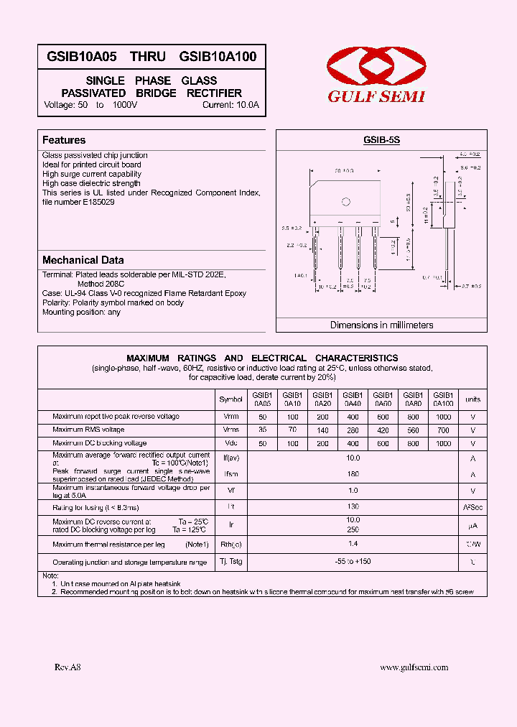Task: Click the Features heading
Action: [64, 140]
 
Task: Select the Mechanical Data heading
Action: [83, 260]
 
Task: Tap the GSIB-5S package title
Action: [381, 141]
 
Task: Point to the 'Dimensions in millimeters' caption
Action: [381, 325]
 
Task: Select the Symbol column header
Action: [230, 399]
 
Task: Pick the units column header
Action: [472, 399]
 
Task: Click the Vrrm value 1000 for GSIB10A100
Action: [444, 417]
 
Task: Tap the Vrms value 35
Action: [262, 430]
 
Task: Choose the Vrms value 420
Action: [383, 430]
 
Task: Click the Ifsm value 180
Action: [353, 474]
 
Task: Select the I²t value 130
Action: [353, 506]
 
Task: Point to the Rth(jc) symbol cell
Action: [230, 545]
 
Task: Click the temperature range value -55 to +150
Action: [353, 561]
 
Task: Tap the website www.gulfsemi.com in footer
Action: [414, 667]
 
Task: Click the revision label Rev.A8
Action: [68, 667]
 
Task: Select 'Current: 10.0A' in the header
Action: [230, 105]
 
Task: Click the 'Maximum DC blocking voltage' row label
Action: [99, 443]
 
